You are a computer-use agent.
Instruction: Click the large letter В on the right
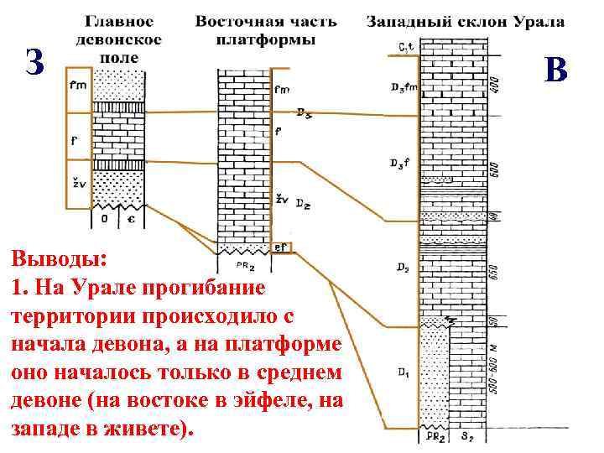(x=555, y=69)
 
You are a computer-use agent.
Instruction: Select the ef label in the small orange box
(x=280, y=247)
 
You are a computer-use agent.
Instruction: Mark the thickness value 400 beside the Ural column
(x=495, y=84)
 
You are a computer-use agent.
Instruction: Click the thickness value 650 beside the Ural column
(x=495, y=273)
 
